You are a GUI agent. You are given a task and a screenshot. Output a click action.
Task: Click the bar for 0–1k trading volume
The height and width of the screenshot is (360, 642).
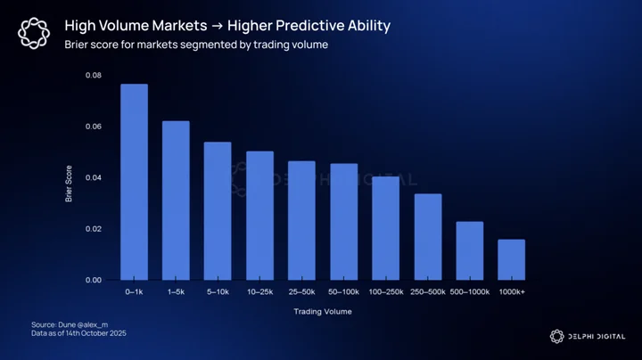135,182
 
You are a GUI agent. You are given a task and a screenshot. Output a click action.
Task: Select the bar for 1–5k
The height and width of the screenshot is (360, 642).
176,200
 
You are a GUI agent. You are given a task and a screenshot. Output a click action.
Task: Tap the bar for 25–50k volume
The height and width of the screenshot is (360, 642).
301,220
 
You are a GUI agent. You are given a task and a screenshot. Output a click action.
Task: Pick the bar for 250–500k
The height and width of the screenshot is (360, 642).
428,237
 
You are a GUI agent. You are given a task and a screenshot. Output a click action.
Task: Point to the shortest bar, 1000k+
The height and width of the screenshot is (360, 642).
512,260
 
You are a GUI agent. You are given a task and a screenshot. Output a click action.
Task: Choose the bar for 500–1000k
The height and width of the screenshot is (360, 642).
470,250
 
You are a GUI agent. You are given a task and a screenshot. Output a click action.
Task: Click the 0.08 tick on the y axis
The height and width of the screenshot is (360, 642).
94,75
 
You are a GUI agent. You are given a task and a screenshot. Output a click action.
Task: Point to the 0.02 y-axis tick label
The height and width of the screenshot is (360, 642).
94,229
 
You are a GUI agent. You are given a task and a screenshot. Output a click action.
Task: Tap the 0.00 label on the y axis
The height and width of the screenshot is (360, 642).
94,280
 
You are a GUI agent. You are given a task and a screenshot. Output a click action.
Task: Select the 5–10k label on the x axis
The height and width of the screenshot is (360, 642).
218,292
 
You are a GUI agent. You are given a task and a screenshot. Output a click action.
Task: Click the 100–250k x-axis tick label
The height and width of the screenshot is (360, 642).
386,292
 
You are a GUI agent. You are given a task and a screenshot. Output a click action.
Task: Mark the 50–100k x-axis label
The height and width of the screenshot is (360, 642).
343,292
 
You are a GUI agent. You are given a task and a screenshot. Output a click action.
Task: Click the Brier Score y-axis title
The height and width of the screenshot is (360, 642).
69,184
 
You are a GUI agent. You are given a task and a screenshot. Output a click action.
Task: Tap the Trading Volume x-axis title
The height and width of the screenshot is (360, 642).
323,312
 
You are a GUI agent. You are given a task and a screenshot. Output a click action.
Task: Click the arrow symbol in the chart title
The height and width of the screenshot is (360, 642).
218,26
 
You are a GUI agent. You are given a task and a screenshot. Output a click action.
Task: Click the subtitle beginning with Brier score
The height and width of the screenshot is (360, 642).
196,45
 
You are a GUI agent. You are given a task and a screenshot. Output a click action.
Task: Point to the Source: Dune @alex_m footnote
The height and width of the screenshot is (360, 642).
70,325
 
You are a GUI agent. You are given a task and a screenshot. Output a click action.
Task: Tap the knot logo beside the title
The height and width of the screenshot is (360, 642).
34,33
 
